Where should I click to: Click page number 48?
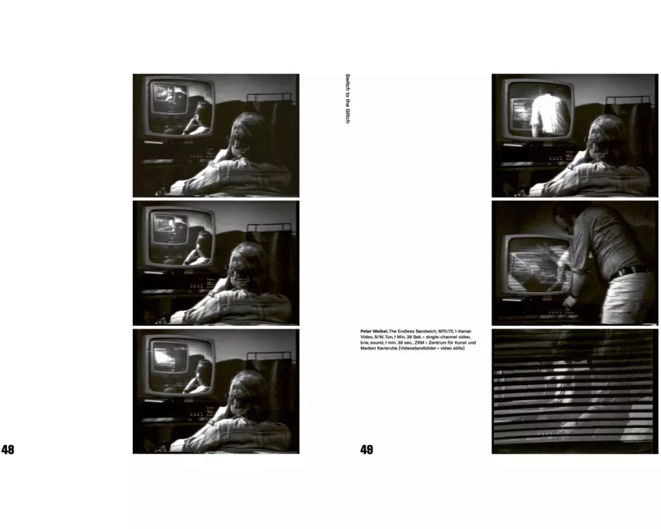pyautogui.click(x=8, y=450)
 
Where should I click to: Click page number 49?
pyautogui.click(x=367, y=450)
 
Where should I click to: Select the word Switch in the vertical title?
pyautogui.click(x=348, y=82)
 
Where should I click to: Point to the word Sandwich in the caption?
pyautogui.click(x=426, y=331)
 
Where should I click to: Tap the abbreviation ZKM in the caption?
pyautogui.click(x=420, y=343)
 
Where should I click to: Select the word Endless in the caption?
pyautogui.click(x=406, y=331)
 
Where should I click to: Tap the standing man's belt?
pyautogui.click(x=629, y=271)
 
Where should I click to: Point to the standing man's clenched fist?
pyautogui.click(x=570, y=300)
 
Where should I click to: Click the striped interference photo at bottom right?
pyautogui.click(x=574, y=391)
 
